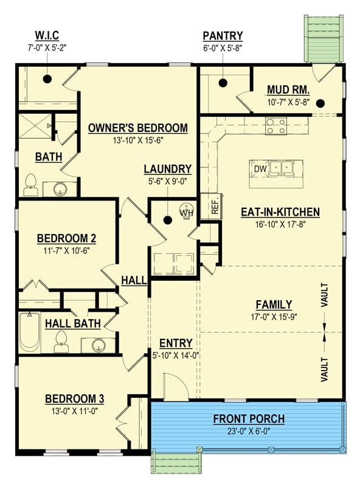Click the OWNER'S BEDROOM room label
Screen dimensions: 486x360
(137, 128)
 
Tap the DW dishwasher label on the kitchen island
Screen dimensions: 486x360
(260, 168)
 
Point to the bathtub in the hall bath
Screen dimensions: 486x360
(29, 332)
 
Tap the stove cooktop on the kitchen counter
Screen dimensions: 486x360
(275, 126)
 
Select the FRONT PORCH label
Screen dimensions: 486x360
(248, 419)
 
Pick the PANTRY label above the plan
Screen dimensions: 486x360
(223, 36)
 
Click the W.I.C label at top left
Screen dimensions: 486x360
(47, 36)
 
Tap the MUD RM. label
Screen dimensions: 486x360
(288, 91)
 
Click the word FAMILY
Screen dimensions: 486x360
(274, 304)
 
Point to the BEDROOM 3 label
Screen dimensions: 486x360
(74, 399)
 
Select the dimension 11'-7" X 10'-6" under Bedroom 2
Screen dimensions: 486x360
(67, 250)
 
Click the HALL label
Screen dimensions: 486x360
(133, 280)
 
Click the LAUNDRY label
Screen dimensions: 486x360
(167, 169)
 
